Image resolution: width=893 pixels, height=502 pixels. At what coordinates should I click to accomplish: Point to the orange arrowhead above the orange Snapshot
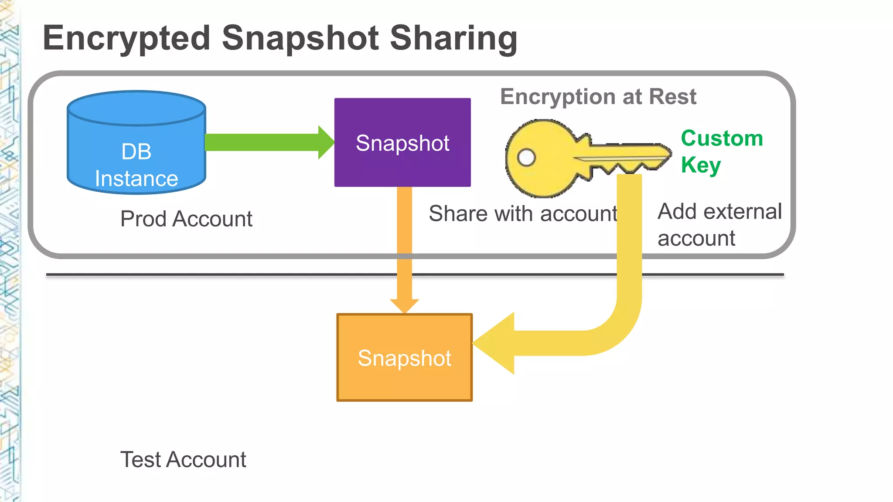coord(405,305)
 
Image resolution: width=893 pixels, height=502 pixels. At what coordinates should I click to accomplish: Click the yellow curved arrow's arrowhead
coord(495,343)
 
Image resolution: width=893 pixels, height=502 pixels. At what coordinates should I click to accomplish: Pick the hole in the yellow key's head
coord(526,157)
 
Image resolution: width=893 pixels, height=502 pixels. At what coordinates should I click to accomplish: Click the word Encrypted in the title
coord(126,38)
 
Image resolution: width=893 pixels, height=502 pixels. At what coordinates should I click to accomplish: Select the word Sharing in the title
coord(453,38)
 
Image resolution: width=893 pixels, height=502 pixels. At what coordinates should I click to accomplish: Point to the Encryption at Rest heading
coord(598,96)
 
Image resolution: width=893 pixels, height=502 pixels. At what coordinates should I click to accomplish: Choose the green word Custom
coord(722,138)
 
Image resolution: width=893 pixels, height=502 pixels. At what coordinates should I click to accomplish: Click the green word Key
coord(701,165)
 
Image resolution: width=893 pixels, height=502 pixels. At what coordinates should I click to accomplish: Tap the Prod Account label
coord(186,219)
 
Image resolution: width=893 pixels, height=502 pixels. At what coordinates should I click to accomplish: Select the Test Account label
coord(183,460)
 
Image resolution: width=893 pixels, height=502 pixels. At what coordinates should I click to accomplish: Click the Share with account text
coord(523,214)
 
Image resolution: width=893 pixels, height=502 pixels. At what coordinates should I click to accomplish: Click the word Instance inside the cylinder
coord(136,179)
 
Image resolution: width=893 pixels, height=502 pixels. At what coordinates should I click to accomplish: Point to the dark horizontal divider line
coord(218,275)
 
